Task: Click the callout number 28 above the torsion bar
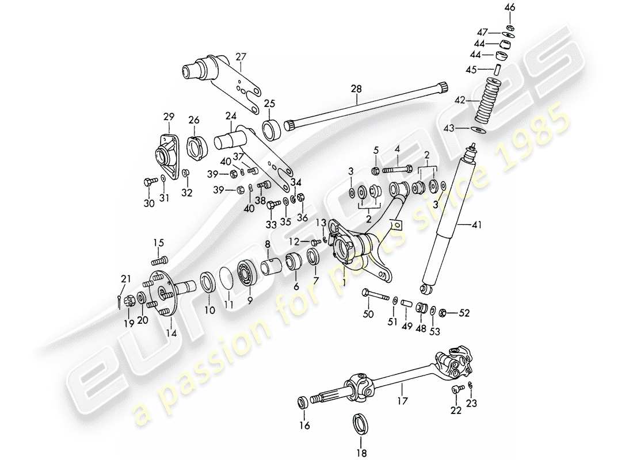[x=357, y=89]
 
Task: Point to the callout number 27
[x=241, y=57]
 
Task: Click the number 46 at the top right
[x=510, y=7]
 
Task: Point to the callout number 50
[x=368, y=313]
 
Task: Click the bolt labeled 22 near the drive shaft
[x=456, y=390]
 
